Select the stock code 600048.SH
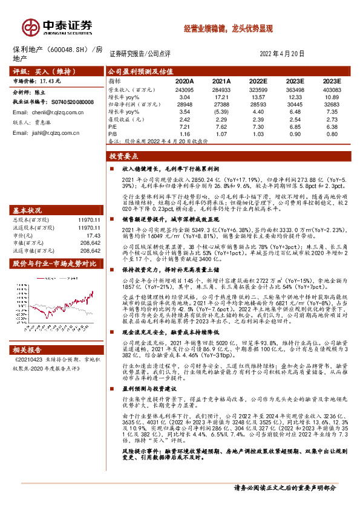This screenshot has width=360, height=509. click(66, 49)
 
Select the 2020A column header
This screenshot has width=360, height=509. click(185, 80)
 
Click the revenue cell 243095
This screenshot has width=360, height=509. click(185, 89)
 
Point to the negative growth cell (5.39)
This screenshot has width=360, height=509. click(223, 112)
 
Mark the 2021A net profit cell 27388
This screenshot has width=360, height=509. click(223, 105)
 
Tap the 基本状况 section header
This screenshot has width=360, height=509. click(28, 210)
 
